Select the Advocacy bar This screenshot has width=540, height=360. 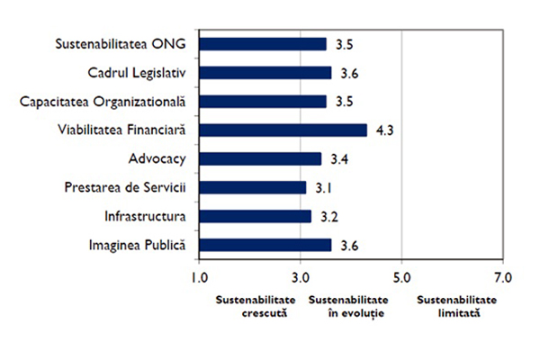click(x=260, y=159)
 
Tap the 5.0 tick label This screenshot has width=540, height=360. click(x=401, y=277)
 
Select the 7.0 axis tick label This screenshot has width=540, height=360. click(x=502, y=277)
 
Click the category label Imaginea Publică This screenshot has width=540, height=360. click(x=137, y=245)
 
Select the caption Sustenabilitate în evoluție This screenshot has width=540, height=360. click(x=349, y=306)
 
